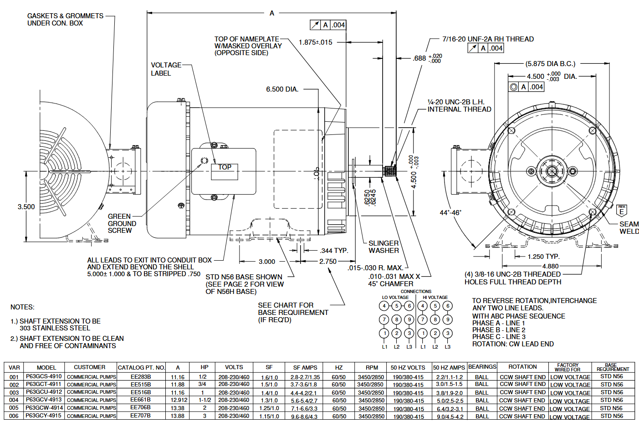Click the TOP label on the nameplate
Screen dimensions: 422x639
225,167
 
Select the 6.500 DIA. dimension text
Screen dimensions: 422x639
282,89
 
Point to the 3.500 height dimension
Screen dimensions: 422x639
26,207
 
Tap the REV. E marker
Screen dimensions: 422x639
622,211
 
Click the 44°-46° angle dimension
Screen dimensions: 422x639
450,213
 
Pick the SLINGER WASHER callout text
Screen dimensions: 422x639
383,247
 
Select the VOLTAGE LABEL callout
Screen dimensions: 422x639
166,69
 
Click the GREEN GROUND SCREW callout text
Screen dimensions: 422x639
122,223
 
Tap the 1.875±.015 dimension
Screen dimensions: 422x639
315,42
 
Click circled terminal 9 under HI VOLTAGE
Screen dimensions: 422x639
448,319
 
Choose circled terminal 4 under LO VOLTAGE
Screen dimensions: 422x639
384,306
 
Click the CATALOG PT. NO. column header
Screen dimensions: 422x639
141,367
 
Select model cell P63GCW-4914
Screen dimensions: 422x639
44,408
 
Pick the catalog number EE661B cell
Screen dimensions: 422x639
140,400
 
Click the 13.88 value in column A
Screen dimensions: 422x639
178,416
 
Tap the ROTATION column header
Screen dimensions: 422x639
522,367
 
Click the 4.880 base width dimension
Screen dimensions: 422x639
550,266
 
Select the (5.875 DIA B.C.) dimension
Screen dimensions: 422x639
550,64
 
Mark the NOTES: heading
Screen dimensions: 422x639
22,307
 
